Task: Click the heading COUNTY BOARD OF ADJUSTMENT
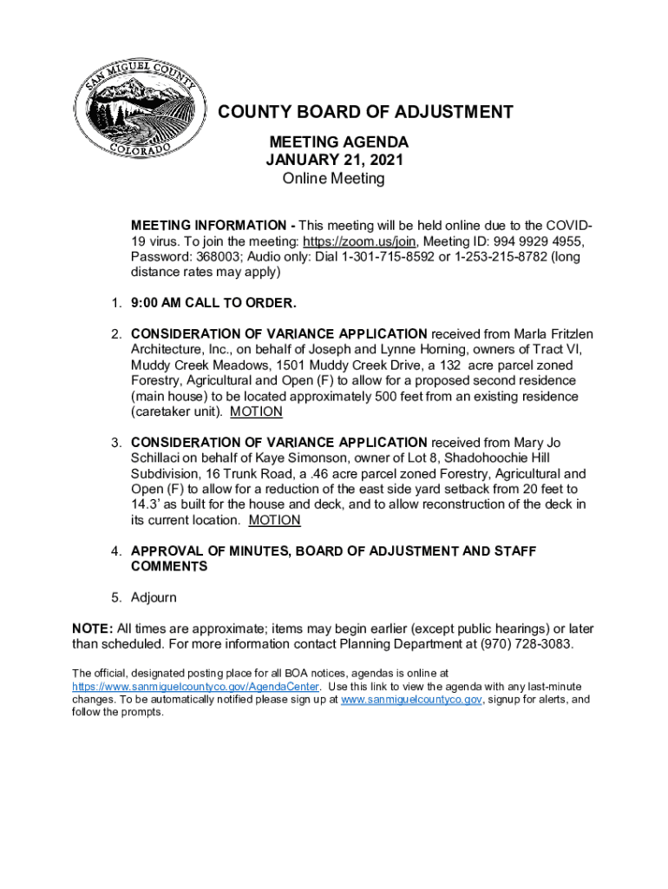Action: (364, 113)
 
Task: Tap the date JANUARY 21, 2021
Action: (335, 161)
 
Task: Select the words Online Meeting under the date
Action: (334, 180)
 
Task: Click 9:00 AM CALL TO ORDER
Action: (213, 304)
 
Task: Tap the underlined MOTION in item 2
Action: (256, 412)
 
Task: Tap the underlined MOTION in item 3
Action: (274, 521)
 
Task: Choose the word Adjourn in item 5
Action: (154, 598)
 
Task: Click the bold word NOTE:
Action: (93, 629)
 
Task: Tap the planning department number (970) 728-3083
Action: (521, 645)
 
